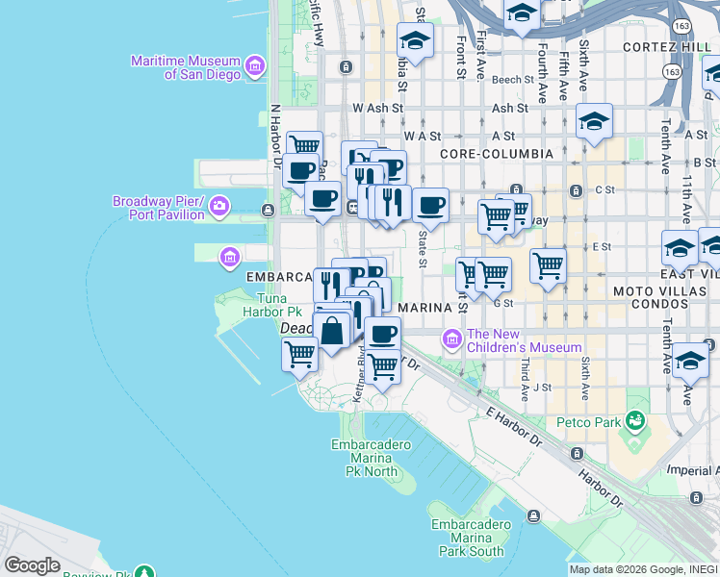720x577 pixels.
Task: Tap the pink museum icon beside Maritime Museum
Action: pyautogui.click(x=255, y=65)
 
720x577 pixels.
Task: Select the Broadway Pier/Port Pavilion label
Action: pyautogui.click(x=159, y=208)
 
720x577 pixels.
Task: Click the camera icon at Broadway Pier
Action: pyautogui.click(x=219, y=206)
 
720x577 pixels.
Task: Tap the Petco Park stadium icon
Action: pyautogui.click(x=635, y=420)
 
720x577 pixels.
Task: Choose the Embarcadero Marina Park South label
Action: pyautogui.click(x=467, y=538)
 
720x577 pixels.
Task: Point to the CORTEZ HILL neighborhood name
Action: pyautogui.click(x=668, y=47)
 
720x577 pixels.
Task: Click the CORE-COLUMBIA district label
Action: pyautogui.click(x=496, y=154)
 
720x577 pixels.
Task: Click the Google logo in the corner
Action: pyautogui.click(x=32, y=564)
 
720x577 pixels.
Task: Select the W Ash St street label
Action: pyautogui.click(x=376, y=109)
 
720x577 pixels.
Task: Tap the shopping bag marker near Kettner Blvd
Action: pyautogui.click(x=332, y=331)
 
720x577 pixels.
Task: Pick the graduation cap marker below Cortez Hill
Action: pyautogui.click(x=594, y=122)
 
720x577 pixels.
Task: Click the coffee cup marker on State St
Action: pyautogui.click(x=430, y=205)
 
